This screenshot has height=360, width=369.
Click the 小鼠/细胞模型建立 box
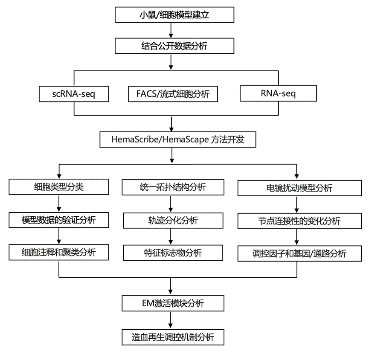(x=174, y=15)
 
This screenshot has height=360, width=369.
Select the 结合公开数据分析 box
(x=174, y=46)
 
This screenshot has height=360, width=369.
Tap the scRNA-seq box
(x=74, y=94)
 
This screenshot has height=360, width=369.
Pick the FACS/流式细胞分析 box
(x=173, y=94)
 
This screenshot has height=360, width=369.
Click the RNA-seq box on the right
(x=278, y=93)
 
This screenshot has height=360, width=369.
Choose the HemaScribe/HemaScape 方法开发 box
(x=178, y=139)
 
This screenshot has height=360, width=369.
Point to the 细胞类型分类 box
(x=59, y=187)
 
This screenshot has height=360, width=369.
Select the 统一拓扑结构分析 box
(x=173, y=187)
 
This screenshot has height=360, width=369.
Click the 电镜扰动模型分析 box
(x=299, y=188)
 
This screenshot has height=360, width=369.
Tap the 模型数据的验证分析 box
(x=59, y=220)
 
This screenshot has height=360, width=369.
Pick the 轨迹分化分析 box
(x=173, y=221)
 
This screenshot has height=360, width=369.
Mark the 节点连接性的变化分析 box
(x=299, y=221)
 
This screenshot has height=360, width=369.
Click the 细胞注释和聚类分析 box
(x=59, y=252)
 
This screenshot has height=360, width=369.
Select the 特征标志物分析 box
(x=173, y=253)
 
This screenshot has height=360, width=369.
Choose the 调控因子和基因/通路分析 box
(x=299, y=253)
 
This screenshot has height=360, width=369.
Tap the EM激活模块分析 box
(x=173, y=303)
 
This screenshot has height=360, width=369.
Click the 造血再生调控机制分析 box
(x=173, y=337)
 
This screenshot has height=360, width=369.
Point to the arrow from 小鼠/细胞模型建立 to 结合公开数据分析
(x=171, y=30)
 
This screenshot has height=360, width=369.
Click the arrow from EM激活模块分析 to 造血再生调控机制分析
(x=171, y=320)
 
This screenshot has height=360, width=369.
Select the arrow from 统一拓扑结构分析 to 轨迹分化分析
(x=171, y=204)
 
